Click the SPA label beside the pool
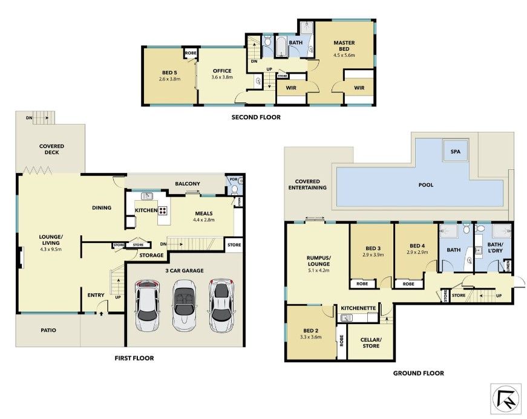point(456,151)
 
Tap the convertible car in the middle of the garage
point(183,305)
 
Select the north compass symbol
point(505,399)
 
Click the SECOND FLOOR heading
point(256,117)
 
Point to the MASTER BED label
point(344,46)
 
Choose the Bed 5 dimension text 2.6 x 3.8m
point(170,79)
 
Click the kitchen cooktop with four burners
point(163,210)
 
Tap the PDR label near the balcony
point(234,180)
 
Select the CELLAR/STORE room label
point(371,342)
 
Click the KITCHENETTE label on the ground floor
point(358,308)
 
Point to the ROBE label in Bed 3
point(362,284)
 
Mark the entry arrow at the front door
point(101,314)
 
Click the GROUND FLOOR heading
point(419,373)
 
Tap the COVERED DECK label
point(52,149)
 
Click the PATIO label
point(48,330)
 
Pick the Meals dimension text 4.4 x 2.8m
point(204,220)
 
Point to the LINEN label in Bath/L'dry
point(508,266)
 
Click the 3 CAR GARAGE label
point(185,270)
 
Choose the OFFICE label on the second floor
point(222,71)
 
